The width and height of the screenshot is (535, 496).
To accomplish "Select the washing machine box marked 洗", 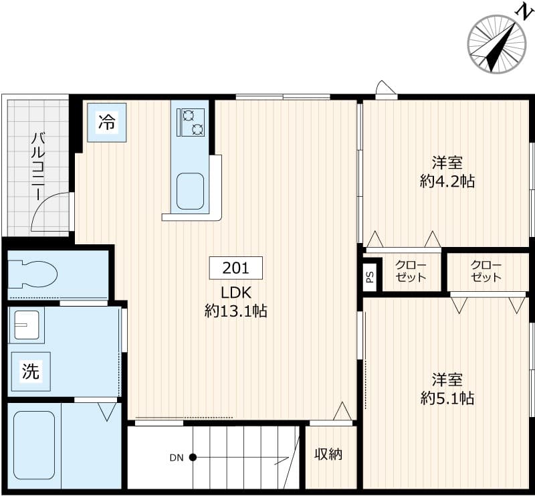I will click(31, 372).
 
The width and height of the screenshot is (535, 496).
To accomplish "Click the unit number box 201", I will click(235, 268).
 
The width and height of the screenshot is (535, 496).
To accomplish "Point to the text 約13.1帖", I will click(235, 311).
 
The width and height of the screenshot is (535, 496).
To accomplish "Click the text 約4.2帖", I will click(447, 181).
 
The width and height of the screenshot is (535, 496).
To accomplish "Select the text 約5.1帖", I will click(447, 398).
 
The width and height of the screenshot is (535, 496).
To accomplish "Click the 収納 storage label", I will click(328, 454).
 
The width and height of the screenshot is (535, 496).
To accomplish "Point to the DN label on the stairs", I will click(176, 459).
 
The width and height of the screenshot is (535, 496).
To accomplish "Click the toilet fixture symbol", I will click(33, 274).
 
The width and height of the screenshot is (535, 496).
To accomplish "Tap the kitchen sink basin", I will click(190, 191).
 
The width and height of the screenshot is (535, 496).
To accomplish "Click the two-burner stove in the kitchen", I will click(190, 122).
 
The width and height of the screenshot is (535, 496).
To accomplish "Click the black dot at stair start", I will click(193, 458).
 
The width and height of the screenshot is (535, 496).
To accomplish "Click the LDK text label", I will click(235, 293).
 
